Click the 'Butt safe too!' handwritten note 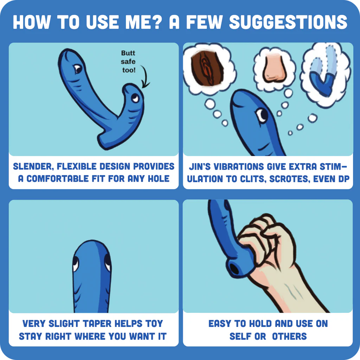pyautogui.click(x=128, y=62)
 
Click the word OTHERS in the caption pyautogui.click(x=289, y=336)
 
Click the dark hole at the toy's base pyautogui.click(x=233, y=269)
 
